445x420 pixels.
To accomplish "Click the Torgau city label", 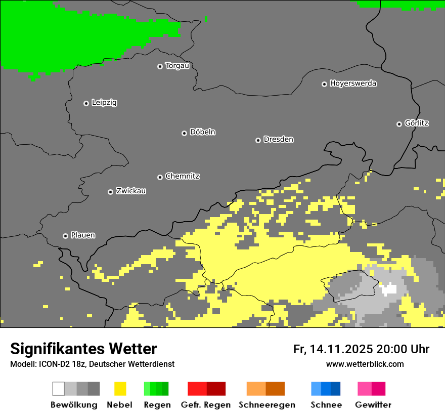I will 177,66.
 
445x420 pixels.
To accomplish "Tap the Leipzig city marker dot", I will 86,103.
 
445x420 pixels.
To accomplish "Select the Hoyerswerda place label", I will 353,83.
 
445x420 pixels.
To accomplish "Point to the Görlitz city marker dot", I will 399,124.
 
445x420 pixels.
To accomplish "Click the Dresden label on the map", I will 278,139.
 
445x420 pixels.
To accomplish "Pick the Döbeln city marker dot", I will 184,133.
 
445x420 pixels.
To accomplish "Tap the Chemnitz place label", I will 182,176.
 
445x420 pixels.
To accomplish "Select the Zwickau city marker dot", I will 110,192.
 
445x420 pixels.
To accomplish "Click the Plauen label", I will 83,235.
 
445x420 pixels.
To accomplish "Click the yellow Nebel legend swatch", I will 120,389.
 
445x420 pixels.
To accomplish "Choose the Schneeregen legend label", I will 267,405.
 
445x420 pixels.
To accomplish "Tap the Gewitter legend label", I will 373,405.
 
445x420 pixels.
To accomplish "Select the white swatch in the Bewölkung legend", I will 59,389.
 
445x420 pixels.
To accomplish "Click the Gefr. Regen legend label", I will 206,405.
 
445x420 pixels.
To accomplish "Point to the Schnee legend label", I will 326,405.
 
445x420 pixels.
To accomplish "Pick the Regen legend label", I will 156,405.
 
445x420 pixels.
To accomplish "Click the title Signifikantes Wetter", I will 83,349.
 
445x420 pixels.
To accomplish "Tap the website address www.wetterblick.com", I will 365,364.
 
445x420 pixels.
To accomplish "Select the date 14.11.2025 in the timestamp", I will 341,349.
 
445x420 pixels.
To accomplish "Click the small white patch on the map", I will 389,289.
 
